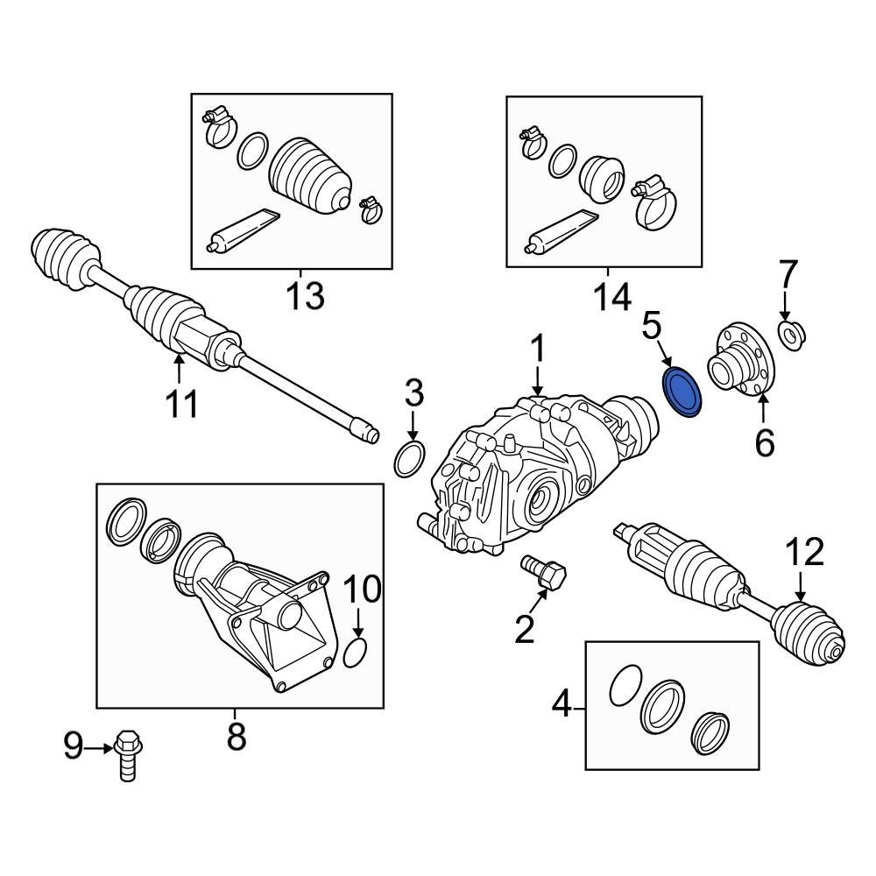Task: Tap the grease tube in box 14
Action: point(561,230)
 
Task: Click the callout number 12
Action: point(803,554)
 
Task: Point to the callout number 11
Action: point(183,404)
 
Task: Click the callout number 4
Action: point(561,704)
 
